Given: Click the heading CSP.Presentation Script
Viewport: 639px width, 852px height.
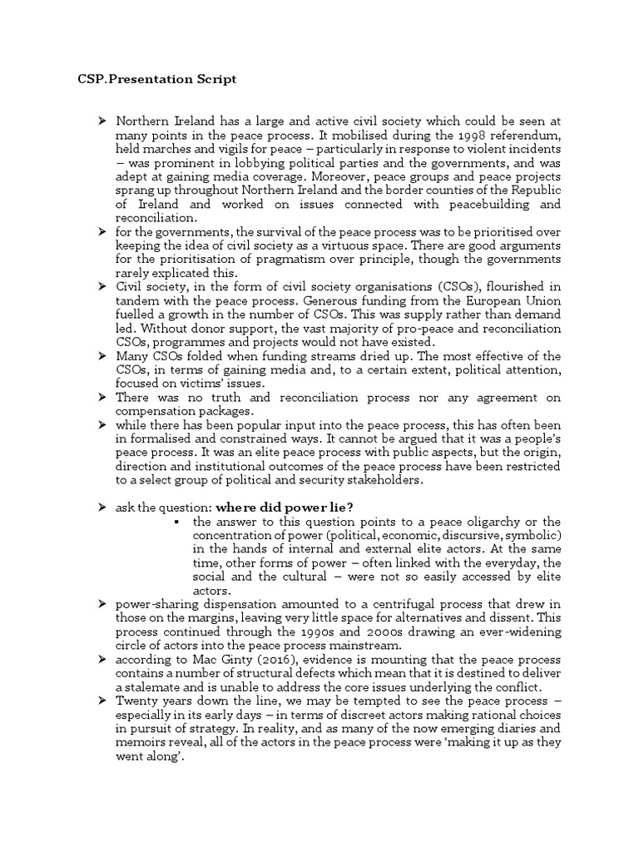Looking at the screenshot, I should point(151,79).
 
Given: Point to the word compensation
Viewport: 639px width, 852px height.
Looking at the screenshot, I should point(159,410).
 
